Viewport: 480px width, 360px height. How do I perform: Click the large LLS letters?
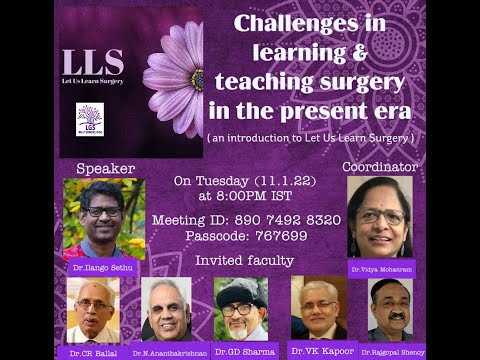93,61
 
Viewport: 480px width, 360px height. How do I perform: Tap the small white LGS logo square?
90,118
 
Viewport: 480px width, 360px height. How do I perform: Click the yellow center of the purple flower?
198,79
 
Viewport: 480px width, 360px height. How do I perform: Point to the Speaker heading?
105,168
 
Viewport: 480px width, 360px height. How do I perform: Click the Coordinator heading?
379,166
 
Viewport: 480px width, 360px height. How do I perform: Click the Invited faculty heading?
244,261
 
